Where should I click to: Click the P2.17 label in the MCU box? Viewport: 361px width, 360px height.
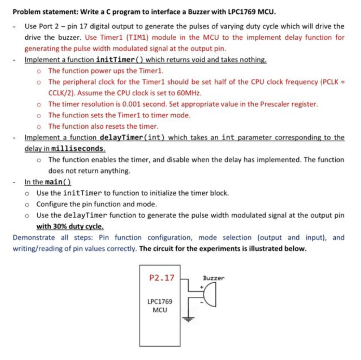[x=162, y=278]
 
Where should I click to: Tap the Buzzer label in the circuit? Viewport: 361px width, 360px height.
[x=214, y=278]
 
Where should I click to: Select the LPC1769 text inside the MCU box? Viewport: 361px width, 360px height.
[x=160, y=302]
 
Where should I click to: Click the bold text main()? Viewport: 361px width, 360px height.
[x=58, y=182]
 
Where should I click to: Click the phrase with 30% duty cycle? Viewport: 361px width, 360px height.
[x=70, y=226]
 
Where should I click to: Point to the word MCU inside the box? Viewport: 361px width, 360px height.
[x=160, y=310]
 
